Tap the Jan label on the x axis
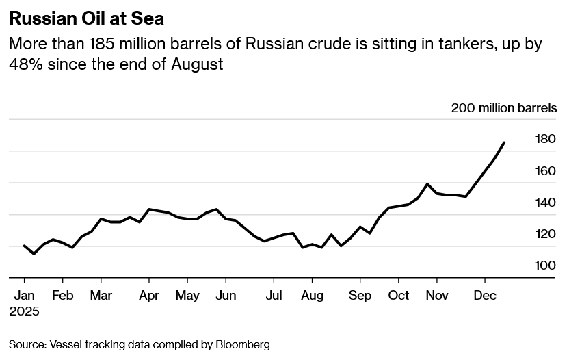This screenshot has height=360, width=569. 24,296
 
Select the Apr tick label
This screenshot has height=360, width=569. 149,296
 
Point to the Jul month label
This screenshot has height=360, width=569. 274,296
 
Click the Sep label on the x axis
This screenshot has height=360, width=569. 360,296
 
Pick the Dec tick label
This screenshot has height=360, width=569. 485,296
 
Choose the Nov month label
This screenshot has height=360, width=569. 437,296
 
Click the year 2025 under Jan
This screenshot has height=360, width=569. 24,311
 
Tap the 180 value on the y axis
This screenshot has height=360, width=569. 545,139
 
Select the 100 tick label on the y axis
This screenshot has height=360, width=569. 545,266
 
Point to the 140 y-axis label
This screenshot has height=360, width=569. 545,203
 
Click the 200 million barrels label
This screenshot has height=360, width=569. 504,108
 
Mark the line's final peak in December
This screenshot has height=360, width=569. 504,142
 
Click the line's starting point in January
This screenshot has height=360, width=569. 24,246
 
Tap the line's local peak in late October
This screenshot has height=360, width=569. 427,183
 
